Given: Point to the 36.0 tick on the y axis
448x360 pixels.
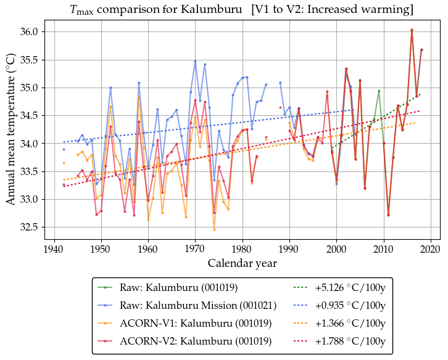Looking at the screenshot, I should coord(27,31).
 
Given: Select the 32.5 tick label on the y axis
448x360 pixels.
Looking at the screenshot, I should coord(27,227).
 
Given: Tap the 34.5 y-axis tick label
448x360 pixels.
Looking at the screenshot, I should coord(27,115).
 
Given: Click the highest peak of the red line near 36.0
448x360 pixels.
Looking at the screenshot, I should coord(412,30).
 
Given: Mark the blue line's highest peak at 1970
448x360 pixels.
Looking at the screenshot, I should coord(195,61).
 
